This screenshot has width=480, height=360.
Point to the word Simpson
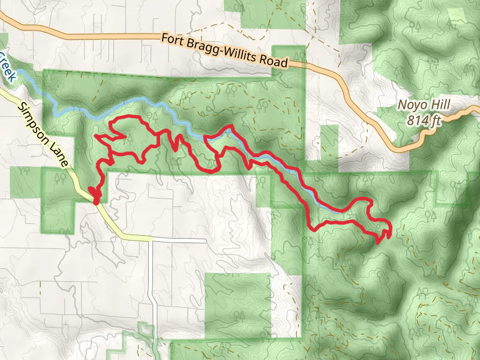coord(34,120)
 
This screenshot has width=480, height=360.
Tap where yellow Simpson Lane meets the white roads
coord(151,239)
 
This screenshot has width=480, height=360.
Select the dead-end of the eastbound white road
coord(206,241)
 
